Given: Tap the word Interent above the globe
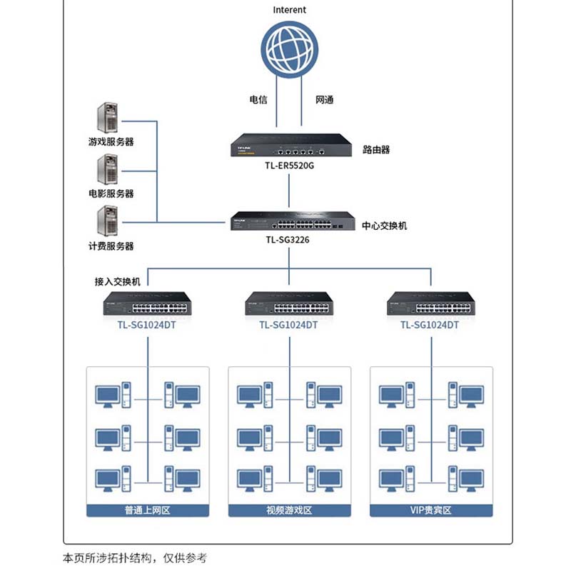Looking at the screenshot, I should click(x=289, y=10).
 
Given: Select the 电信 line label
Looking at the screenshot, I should click(x=258, y=100).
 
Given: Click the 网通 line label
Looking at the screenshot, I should click(x=324, y=100).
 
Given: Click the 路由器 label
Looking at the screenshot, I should click(x=376, y=150).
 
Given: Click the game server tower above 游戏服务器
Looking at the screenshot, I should click(x=108, y=118).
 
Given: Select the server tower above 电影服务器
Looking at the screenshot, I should click(x=108, y=170).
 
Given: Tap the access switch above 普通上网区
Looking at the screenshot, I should click(x=148, y=305).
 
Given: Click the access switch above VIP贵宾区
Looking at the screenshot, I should click(x=430, y=305).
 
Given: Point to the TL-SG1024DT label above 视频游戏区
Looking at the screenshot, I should click(x=288, y=325).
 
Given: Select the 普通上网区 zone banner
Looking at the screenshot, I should click(x=148, y=510).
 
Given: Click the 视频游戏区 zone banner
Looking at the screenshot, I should click(x=289, y=510).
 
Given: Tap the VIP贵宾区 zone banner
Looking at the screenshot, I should click(x=431, y=510).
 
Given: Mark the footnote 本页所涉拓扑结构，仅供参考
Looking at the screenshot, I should click(x=135, y=558).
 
